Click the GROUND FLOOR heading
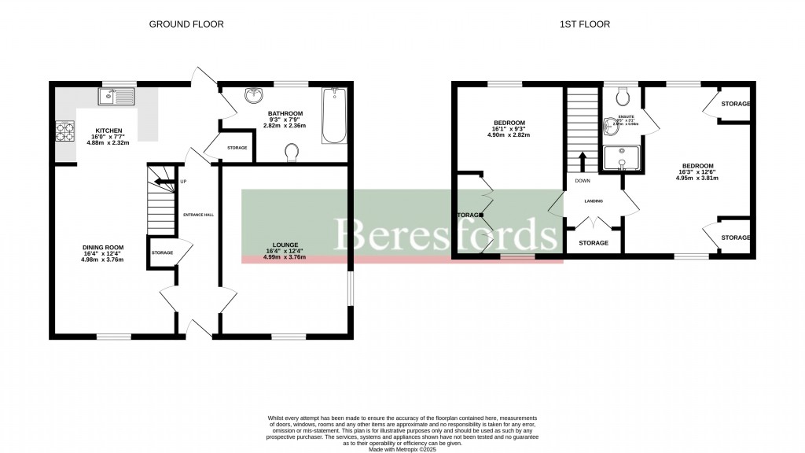[x=186, y=24]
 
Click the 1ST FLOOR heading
[x=585, y=24]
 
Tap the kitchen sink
[x=117, y=97]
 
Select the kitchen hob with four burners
[x=64, y=131]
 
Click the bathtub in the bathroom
[x=334, y=116]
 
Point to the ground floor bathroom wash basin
[x=253, y=96]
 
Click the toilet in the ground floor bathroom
[x=292, y=151]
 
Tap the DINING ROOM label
[x=104, y=248]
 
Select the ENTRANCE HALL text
[x=199, y=214]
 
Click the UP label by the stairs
[x=184, y=182]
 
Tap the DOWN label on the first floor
[x=583, y=180]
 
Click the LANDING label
[x=593, y=201]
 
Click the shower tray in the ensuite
[x=622, y=158]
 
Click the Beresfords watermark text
[x=447, y=234]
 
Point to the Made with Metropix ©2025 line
[x=402, y=448]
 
